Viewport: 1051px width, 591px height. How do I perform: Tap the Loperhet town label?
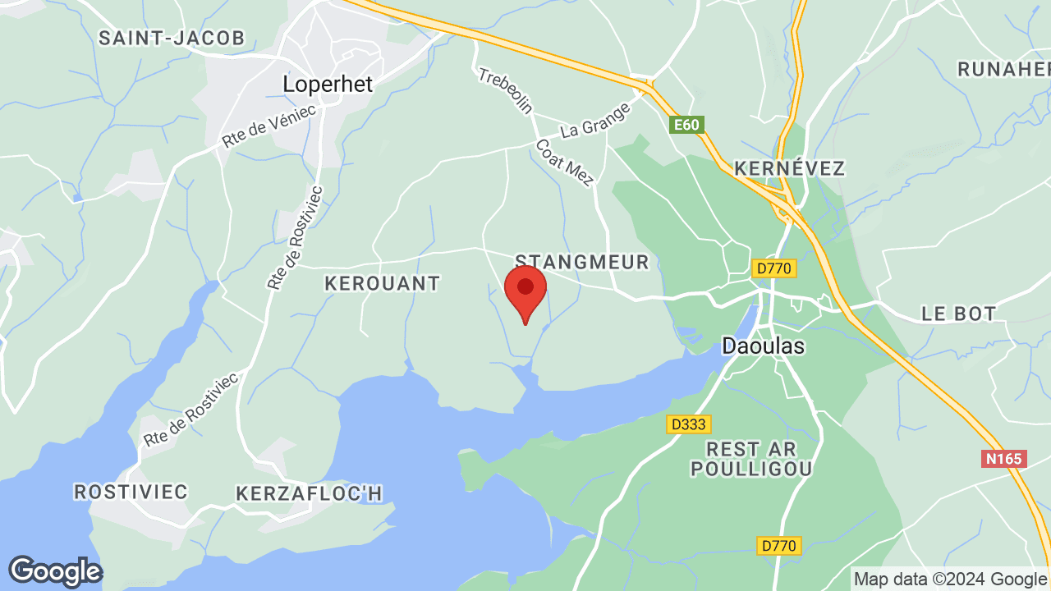point(328,84)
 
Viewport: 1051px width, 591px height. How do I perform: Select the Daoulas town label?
point(763,346)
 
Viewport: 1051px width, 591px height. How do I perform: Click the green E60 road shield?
point(686,125)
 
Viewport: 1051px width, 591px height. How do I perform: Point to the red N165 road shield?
point(1003,459)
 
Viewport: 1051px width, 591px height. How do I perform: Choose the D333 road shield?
point(688,424)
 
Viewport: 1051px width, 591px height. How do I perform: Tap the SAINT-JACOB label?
point(172,38)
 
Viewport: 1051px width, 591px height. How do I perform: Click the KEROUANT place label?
point(382,283)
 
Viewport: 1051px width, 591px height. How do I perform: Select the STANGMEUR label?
point(581,262)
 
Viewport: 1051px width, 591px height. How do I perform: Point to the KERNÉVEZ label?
point(789,168)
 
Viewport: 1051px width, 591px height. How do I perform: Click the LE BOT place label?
point(958,313)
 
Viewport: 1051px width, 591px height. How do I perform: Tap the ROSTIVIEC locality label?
point(131,492)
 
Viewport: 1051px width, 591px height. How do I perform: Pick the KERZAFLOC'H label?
point(310,493)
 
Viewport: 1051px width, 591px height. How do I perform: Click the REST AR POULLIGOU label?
point(751,459)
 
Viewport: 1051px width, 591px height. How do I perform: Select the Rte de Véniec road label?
point(268,126)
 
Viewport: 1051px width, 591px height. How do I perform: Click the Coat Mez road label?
point(563,162)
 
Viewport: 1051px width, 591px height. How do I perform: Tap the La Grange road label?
point(595,120)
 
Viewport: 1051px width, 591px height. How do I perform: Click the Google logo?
point(55,571)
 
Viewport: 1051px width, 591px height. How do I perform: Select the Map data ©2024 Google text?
point(950,579)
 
